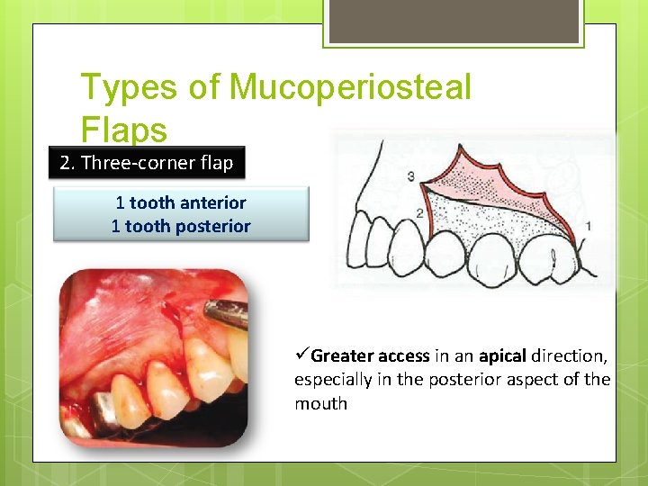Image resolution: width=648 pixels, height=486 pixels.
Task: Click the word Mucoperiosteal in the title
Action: (350, 88)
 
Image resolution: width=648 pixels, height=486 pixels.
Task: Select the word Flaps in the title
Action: (124, 130)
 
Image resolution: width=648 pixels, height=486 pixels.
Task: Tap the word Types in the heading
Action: (130, 88)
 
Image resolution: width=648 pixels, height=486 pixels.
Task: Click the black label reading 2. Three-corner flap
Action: (146, 163)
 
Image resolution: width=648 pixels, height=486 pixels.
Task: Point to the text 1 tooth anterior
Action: (181, 203)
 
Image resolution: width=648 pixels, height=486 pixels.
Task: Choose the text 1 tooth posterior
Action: (181, 226)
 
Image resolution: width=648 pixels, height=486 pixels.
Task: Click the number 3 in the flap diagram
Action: (410, 176)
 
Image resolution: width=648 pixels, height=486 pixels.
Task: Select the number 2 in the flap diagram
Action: (419, 212)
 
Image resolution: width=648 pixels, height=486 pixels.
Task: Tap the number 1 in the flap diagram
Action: (588, 226)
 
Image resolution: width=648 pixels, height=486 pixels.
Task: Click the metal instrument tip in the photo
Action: (225, 315)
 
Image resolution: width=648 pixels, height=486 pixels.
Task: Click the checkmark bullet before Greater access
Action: (302, 355)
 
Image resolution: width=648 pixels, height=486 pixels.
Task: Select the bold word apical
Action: (502, 355)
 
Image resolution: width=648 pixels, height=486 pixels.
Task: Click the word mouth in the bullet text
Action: (320, 403)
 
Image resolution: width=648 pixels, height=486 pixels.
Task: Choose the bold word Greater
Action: (343, 355)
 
